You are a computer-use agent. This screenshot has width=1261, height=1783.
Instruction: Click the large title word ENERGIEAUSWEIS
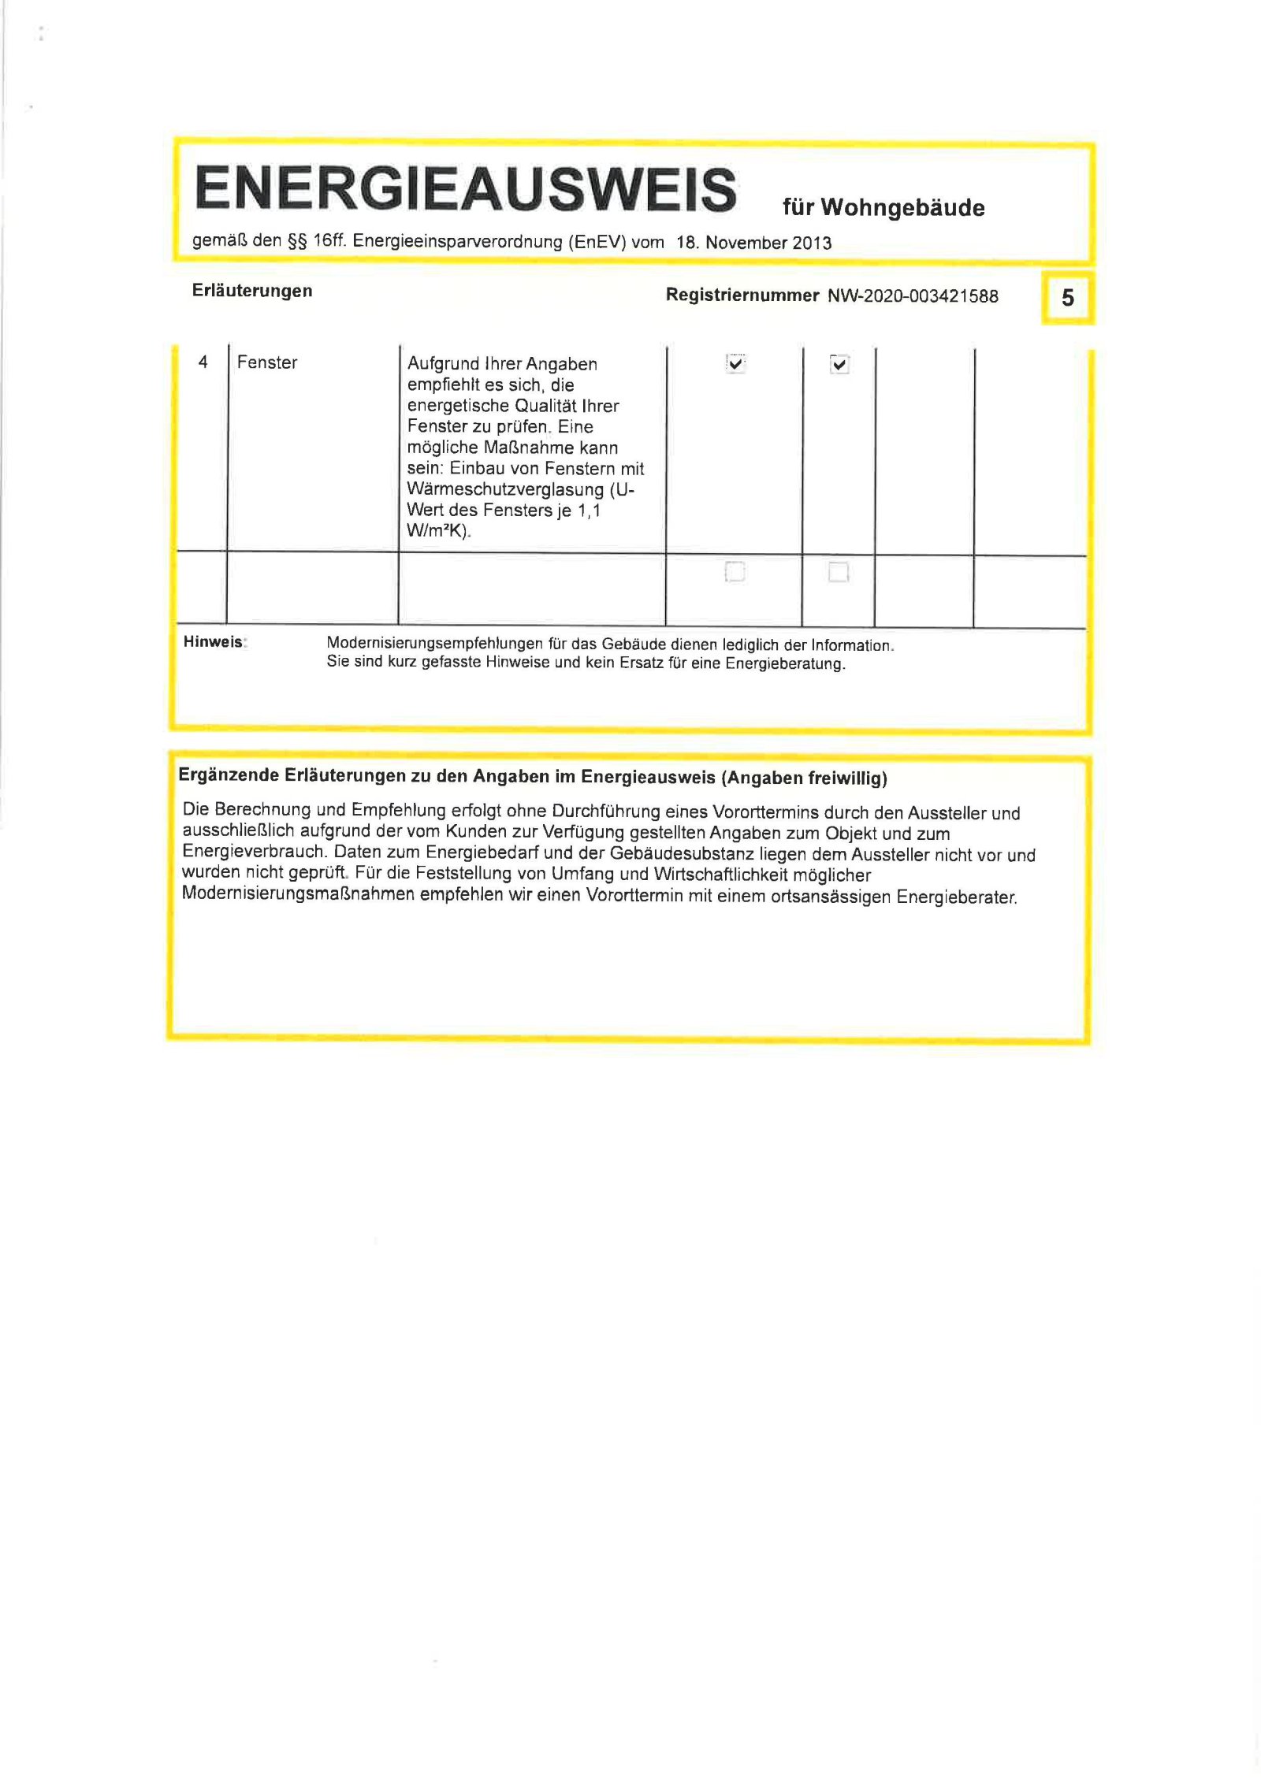tap(465, 189)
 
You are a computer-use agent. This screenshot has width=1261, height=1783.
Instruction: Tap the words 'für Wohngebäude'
tap(883, 207)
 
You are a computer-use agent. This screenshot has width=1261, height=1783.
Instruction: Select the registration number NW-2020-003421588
tap(913, 296)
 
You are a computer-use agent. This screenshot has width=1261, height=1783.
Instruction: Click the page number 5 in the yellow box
tap(1068, 298)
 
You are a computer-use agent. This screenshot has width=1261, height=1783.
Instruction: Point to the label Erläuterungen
tap(252, 291)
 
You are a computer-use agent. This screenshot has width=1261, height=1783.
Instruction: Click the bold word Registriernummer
tap(742, 295)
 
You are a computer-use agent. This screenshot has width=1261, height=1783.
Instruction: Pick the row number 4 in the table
tap(203, 362)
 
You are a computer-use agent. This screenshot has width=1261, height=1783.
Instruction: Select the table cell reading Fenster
tap(267, 362)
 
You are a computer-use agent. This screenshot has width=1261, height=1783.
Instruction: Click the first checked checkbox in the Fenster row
tap(735, 363)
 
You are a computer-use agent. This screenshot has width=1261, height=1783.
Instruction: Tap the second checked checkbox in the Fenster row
tap(839, 364)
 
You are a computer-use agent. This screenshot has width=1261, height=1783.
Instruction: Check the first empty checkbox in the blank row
tap(735, 571)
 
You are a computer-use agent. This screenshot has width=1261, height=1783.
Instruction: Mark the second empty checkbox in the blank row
tap(839, 572)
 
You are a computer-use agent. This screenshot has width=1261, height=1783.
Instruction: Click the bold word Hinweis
tap(213, 642)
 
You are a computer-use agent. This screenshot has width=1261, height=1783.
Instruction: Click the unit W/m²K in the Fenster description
tap(437, 531)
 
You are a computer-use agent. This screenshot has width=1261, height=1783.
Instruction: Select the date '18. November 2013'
tap(753, 243)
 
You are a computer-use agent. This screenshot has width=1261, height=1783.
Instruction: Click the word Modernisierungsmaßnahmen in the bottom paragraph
tap(298, 894)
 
